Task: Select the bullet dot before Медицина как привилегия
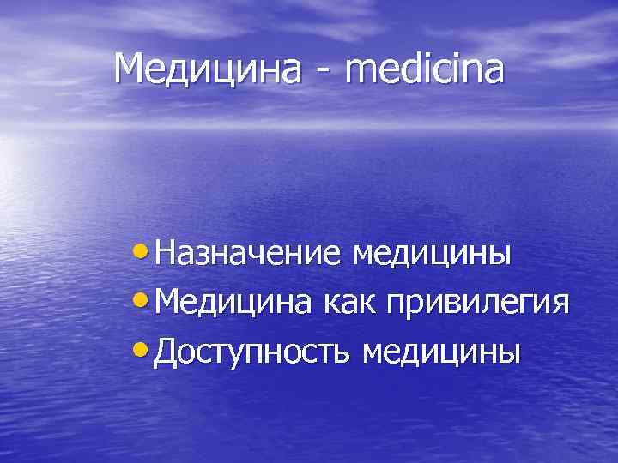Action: pos(143,303)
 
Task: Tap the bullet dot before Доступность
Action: pos(143,352)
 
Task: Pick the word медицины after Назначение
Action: pos(433,256)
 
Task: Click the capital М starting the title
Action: pos(130,69)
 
